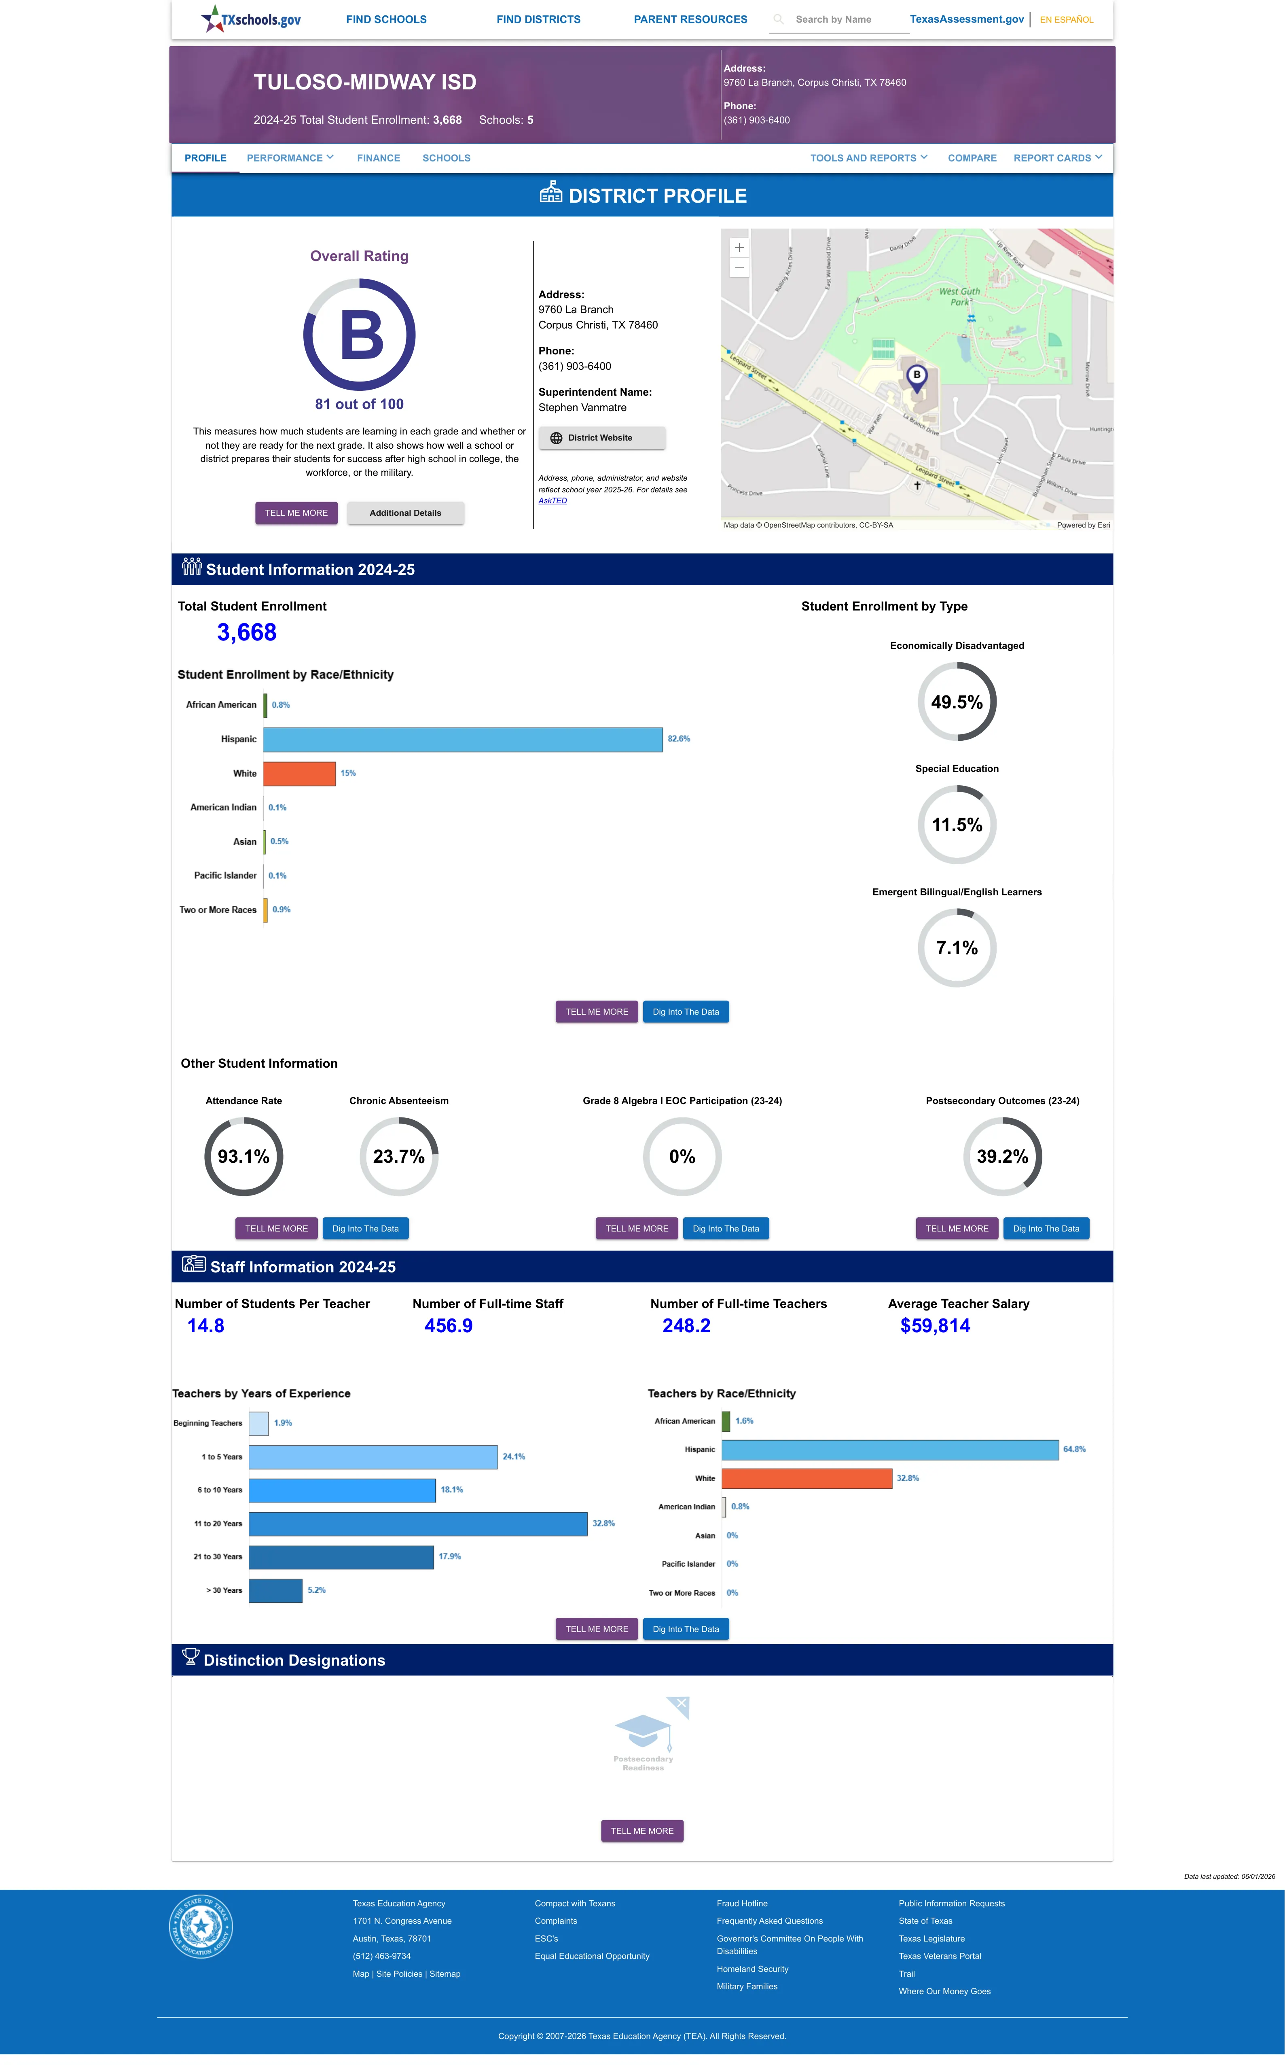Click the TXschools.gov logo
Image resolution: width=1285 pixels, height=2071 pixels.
[251, 19]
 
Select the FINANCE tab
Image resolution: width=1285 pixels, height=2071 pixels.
[378, 158]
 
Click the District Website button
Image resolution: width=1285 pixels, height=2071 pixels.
[602, 438]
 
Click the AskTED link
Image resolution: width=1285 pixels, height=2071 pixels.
[553, 500]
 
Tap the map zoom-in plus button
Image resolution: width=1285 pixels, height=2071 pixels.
[739, 247]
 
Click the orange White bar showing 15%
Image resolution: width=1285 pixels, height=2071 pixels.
[299, 773]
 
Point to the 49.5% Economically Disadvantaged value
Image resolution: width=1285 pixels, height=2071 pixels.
[957, 702]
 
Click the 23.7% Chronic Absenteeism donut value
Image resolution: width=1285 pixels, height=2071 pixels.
[398, 1157]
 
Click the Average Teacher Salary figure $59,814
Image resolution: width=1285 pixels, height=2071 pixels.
[935, 1326]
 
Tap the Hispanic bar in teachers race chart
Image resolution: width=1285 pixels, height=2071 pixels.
[890, 1450]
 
